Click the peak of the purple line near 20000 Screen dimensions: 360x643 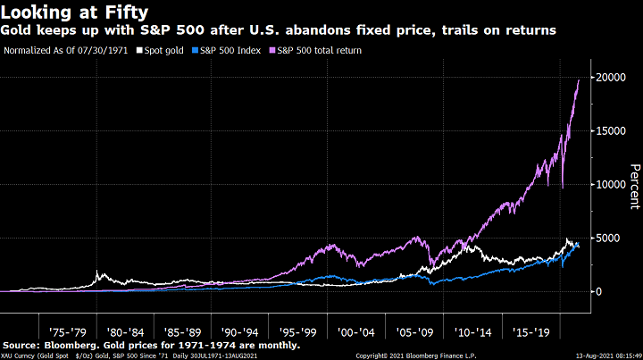579,80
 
